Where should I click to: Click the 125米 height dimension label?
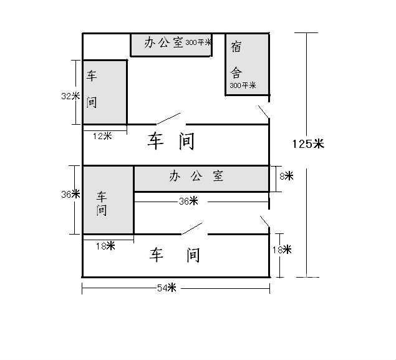coord(308,144)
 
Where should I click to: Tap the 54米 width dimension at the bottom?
coord(167,288)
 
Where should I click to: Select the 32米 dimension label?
coord(70,96)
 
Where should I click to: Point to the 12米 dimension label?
coord(102,135)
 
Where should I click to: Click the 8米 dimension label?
coord(286,177)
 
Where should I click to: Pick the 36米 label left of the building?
coord(70,194)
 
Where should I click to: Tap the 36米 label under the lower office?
coord(188,201)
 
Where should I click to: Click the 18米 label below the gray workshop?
coord(105,246)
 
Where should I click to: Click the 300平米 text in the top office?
coord(198,43)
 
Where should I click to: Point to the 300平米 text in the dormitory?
coord(243,85)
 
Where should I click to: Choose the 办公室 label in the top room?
coord(164,42)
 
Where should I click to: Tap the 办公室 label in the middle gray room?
coord(196,176)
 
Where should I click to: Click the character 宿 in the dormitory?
coord(236,46)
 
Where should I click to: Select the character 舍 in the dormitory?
coord(236,71)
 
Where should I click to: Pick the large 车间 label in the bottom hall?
coord(175,255)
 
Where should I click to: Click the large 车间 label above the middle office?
coord(171,141)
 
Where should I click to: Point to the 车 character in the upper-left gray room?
coord(92,76)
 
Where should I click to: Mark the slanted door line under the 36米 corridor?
coord(191,228)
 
